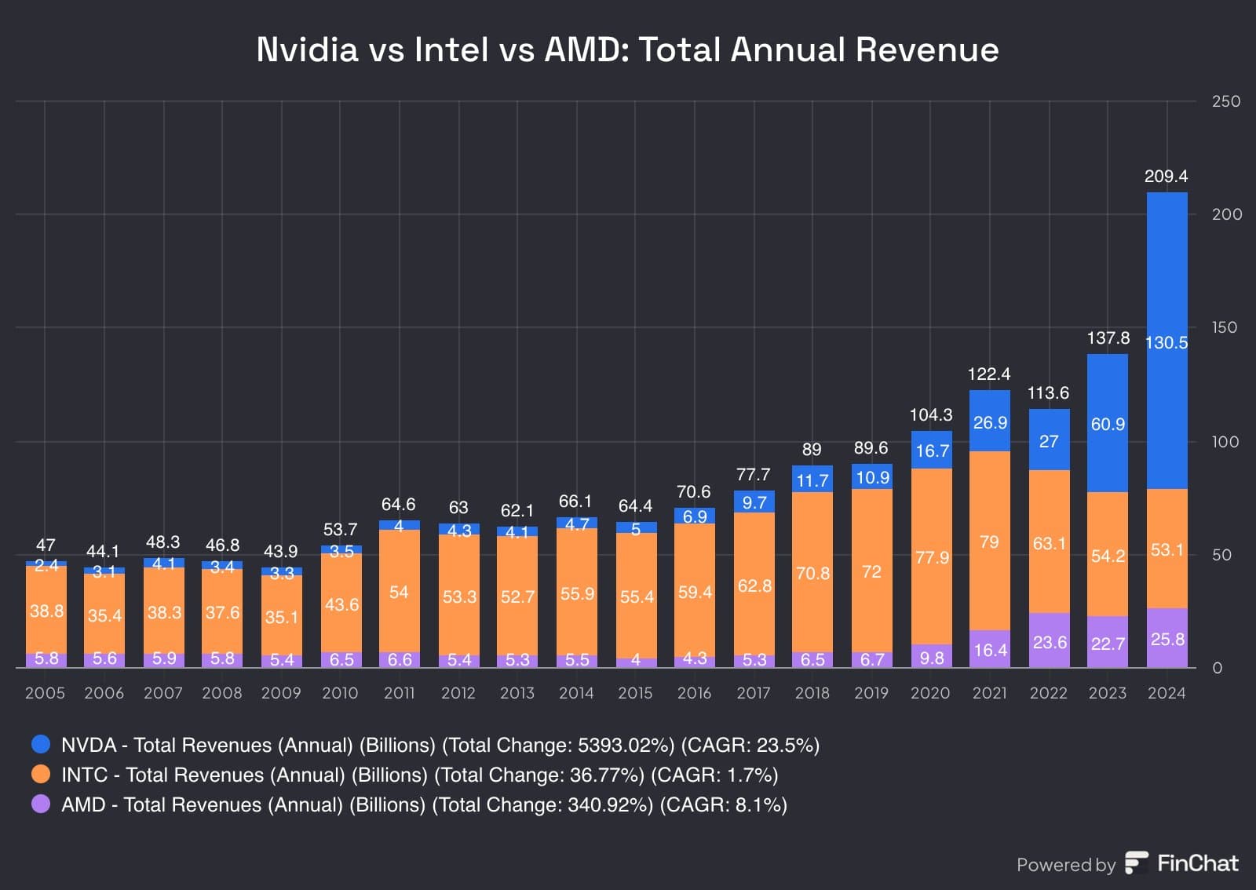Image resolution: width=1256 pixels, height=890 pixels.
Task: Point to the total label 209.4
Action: pyautogui.click(x=1166, y=177)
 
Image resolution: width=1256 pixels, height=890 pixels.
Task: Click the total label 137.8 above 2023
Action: pyautogui.click(x=1108, y=338)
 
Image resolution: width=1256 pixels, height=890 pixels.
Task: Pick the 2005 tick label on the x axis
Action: pyautogui.click(x=45, y=693)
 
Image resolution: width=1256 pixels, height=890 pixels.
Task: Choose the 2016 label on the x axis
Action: pyautogui.click(x=694, y=693)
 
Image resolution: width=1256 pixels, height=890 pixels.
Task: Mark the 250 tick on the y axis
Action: pyautogui.click(x=1225, y=101)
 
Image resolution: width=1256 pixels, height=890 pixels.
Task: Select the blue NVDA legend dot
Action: pyautogui.click(x=41, y=744)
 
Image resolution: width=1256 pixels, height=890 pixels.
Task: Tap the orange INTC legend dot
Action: pyautogui.click(x=41, y=774)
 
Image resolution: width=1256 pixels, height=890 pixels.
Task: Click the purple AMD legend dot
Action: pyautogui.click(x=41, y=804)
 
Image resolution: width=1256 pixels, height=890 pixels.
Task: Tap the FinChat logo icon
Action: pyautogui.click(x=1136, y=863)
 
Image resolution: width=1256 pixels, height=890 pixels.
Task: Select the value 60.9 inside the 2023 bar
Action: pyautogui.click(x=1108, y=425)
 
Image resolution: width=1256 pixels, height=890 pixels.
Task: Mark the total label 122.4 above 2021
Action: pyautogui.click(x=989, y=374)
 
